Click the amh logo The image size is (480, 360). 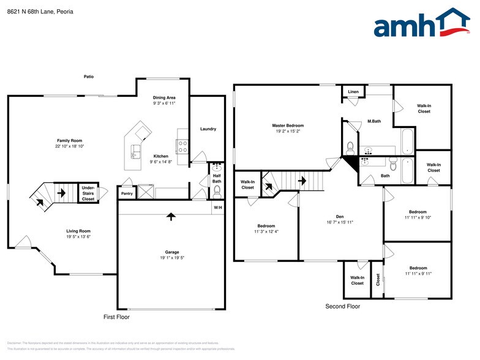pyautogui.click(x=422, y=24)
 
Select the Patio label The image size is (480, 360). pyautogui.click(x=89, y=77)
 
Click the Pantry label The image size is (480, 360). pyautogui.click(x=127, y=193)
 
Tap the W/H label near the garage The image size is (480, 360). pyautogui.click(x=217, y=208)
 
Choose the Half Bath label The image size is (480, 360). pyautogui.click(x=217, y=178)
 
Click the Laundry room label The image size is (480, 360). pyautogui.click(x=208, y=129)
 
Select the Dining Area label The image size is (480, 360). pyautogui.click(x=164, y=97)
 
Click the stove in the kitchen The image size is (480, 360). pyautogui.click(x=182, y=145)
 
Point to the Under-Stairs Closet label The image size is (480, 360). pyautogui.click(x=88, y=194)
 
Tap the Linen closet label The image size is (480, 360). pyautogui.click(x=353, y=92)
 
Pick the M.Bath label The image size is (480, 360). pyautogui.click(x=374, y=121)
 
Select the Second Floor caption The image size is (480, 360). pyautogui.click(x=343, y=306)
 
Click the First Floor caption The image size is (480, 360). pyautogui.click(x=116, y=317)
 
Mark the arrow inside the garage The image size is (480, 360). pyautogui.click(x=171, y=216)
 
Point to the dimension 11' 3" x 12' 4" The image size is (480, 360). pyautogui.click(x=266, y=231)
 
